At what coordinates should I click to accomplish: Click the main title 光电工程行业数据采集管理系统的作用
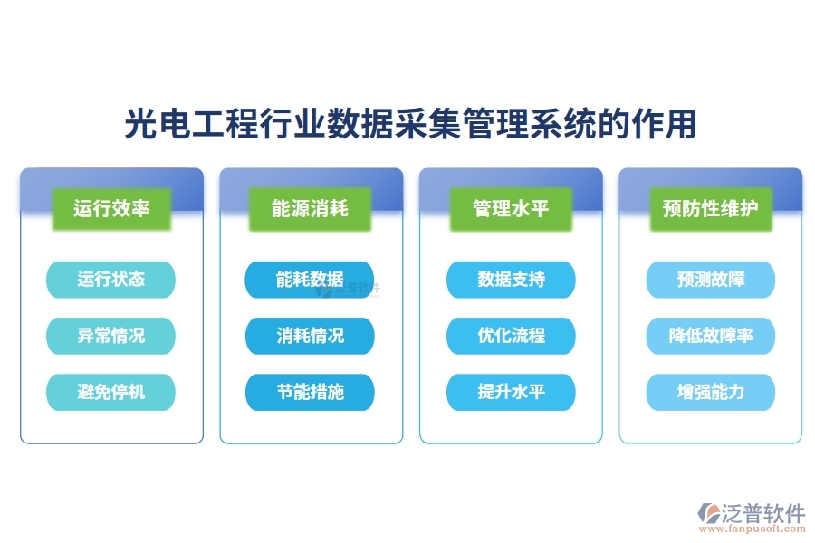pyautogui.click(x=409, y=125)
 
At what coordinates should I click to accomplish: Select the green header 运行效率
pyautogui.click(x=111, y=209)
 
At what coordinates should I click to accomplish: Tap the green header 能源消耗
pyautogui.click(x=310, y=209)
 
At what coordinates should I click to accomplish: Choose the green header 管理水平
pyautogui.click(x=511, y=209)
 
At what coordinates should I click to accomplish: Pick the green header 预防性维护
pyautogui.click(x=711, y=209)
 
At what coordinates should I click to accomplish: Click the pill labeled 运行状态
pyautogui.click(x=110, y=280)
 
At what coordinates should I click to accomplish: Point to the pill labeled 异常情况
pyautogui.click(x=110, y=336)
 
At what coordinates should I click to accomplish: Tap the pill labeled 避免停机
pyautogui.click(x=110, y=392)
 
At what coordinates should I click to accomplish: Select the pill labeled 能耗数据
pyautogui.click(x=310, y=280)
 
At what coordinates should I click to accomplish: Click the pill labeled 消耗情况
pyautogui.click(x=310, y=336)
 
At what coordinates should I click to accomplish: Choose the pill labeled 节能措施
pyautogui.click(x=310, y=392)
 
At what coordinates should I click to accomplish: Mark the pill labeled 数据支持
pyautogui.click(x=511, y=280)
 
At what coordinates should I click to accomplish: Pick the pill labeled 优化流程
pyautogui.click(x=511, y=336)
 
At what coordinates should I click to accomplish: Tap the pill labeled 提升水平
pyautogui.click(x=511, y=392)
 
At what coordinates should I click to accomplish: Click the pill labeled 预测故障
pyautogui.click(x=711, y=280)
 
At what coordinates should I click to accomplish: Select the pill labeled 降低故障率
pyautogui.click(x=711, y=336)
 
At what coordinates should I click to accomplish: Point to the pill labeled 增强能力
pyautogui.click(x=711, y=392)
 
